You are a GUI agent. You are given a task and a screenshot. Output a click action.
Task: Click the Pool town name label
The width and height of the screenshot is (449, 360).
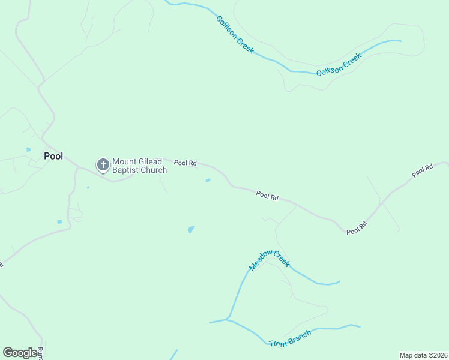point(53,156)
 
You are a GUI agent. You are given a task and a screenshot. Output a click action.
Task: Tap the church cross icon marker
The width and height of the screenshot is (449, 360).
point(103,164)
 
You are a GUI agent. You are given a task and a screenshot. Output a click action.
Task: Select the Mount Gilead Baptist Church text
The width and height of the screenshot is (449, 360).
point(139,166)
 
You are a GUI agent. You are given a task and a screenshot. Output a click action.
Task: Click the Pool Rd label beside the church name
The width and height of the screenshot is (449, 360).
point(185,163)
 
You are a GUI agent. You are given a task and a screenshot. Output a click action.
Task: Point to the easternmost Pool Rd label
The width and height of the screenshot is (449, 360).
point(422,171)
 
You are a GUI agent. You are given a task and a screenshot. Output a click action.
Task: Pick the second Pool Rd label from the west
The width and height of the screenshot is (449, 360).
point(267,196)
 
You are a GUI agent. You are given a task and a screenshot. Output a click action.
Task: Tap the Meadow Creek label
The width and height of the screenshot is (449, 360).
point(270,260)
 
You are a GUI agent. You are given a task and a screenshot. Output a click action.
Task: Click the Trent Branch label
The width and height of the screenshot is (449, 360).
point(290,338)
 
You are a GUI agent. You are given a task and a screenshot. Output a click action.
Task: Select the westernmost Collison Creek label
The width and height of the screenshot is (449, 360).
point(235,34)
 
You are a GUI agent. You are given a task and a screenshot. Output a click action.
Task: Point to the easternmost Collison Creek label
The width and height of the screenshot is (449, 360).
point(339,65)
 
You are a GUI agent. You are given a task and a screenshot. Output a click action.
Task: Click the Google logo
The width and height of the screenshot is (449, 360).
point(20,353)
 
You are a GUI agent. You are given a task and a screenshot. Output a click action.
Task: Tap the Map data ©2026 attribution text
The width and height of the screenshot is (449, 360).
point(423,355)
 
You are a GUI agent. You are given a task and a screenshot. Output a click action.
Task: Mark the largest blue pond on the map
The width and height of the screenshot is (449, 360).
point(191,229)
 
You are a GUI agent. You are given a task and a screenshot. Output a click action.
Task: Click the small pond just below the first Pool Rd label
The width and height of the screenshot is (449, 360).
point(208,180)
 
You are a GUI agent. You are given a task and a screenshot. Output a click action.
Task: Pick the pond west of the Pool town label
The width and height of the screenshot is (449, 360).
point(28,149)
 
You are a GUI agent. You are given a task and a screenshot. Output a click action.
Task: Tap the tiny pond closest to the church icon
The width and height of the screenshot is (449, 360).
point(88,188)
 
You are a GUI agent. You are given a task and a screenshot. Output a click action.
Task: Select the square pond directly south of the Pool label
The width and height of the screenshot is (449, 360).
point(59,222)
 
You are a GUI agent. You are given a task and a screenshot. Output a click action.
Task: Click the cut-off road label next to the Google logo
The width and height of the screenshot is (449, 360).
point(40,353)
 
